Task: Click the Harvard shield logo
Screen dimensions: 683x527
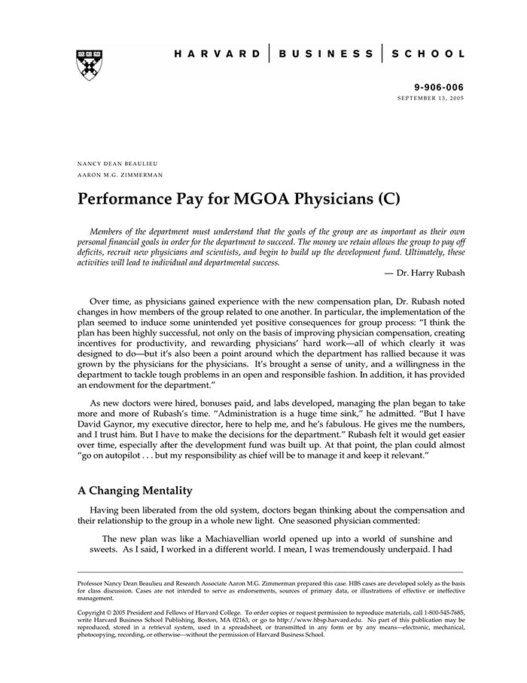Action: click(89, 65)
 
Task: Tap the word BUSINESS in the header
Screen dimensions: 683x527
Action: click(326, 54)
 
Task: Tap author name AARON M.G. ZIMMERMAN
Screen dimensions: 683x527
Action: click(120, 174)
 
